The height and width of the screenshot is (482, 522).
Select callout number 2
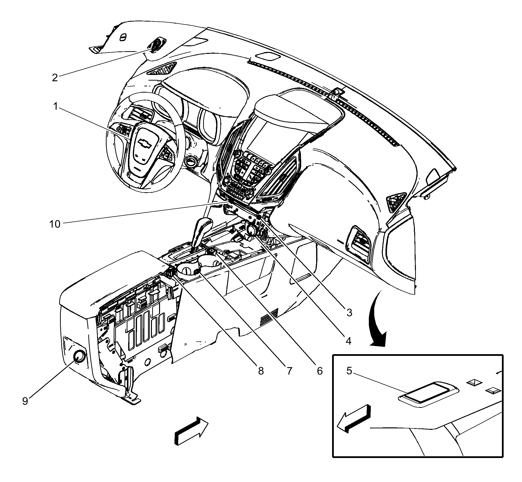(x=55, y=77)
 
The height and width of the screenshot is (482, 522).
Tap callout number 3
(x=349, y=313)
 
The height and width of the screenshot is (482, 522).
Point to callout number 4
(x=348, y=341)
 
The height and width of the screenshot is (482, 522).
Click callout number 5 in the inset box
(x=349, y=371)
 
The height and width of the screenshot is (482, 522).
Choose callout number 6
(x=320, y=371)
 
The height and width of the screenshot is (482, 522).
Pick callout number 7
(x=289, y=371)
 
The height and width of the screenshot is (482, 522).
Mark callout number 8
(x=261, y=371)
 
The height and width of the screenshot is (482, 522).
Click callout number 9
(x=25, y=401)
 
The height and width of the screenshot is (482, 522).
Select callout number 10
(x=55, y=224)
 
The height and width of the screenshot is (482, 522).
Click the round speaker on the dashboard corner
(x=157, y=44)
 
